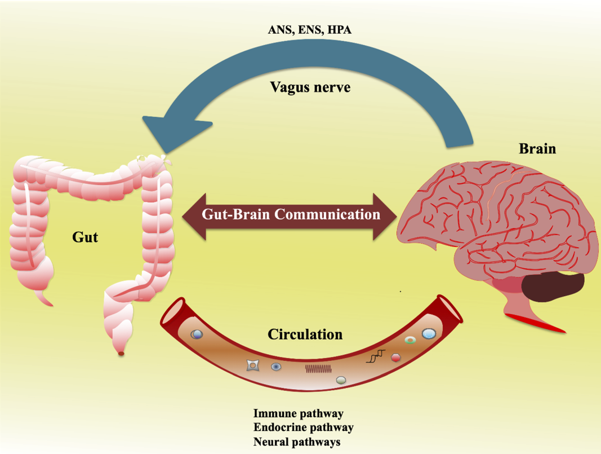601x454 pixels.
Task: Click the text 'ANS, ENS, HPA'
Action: point(309,30)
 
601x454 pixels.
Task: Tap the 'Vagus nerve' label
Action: point(310,87)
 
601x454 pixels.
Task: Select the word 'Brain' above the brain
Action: point(537,149)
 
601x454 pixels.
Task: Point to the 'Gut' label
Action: point(85,236)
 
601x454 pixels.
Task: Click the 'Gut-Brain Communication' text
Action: point(291,214)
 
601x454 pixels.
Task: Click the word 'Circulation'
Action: point(305,334)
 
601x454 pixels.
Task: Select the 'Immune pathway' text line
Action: point(298,414)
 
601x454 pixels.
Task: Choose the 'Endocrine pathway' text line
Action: point(303,427)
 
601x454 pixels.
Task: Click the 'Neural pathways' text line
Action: point(297,442)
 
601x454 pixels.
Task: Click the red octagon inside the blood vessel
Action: point(395,358)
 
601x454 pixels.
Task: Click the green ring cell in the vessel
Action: point(411,340)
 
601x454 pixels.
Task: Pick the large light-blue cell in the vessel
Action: point(429,334)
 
